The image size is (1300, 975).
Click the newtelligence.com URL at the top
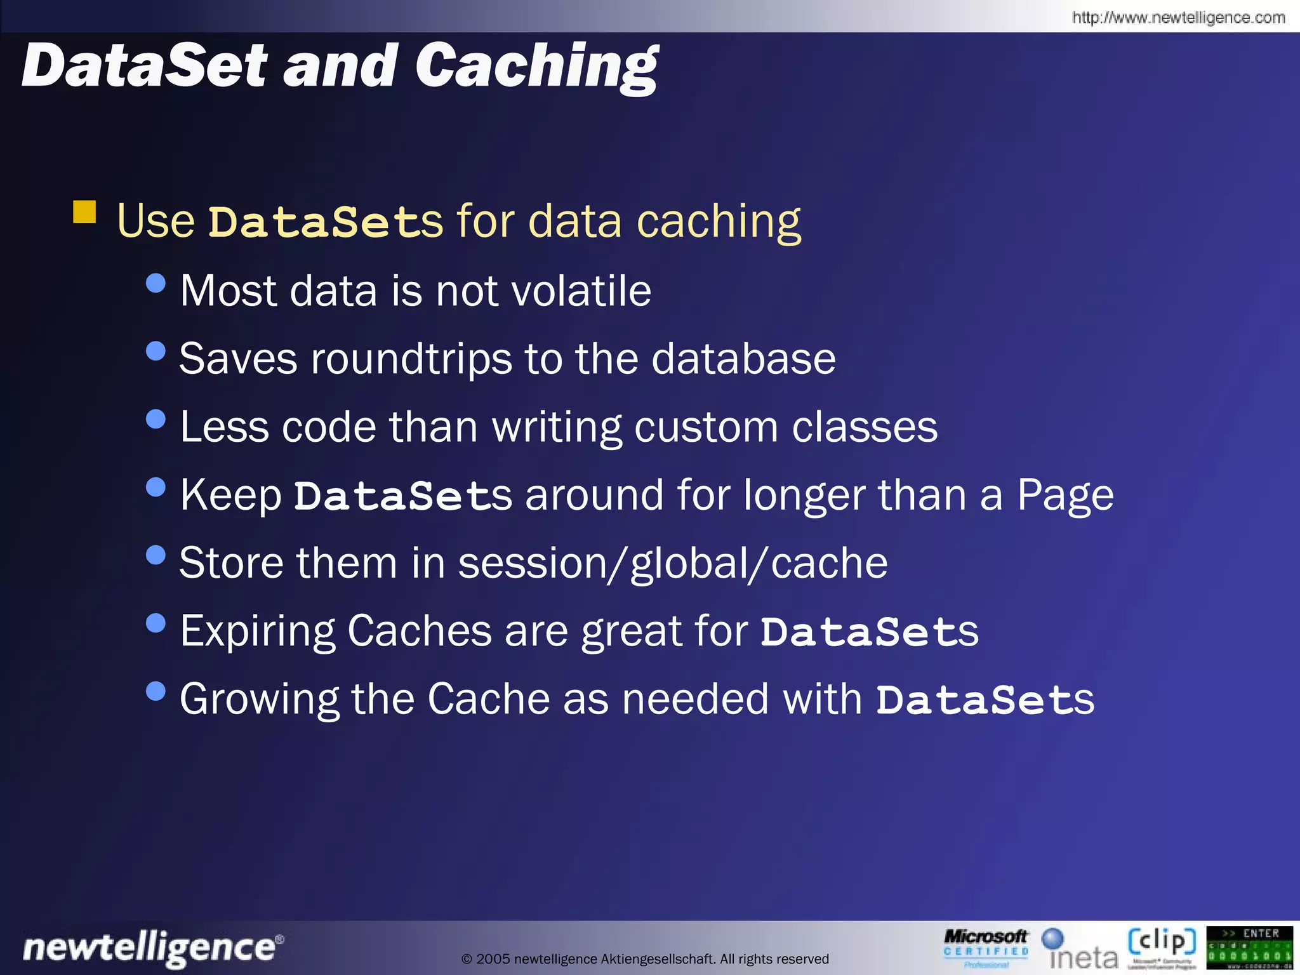[1178, 17]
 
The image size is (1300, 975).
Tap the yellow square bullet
[84, 212]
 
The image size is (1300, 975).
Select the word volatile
[581, 291]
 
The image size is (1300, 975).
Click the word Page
[1065, 496]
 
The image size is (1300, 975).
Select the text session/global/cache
[673, 564]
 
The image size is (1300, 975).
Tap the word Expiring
[257, 632]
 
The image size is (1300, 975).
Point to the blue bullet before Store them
[156, 555]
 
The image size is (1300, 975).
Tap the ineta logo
[1078, 949]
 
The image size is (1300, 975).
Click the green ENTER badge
[1249, 948]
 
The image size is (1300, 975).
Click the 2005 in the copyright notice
[493, 959]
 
